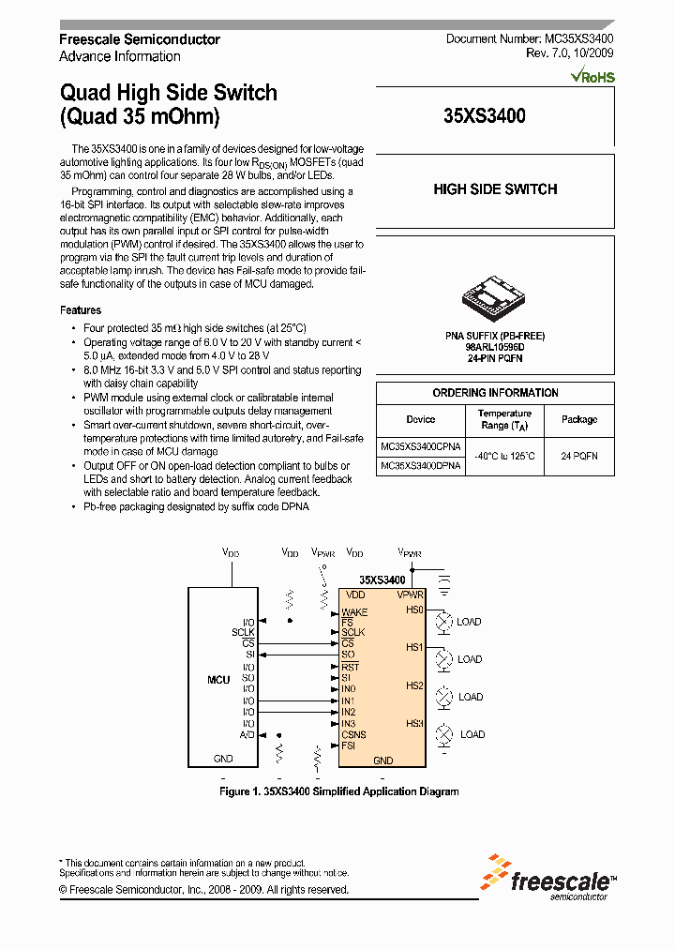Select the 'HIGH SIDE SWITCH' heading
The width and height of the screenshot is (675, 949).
pos(495,189)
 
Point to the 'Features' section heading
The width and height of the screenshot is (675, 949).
pos(81,310)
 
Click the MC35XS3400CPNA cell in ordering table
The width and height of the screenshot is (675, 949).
pos(421,446)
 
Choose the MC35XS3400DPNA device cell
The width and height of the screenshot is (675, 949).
pos(421,465)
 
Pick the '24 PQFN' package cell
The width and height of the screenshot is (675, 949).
pos(579,456)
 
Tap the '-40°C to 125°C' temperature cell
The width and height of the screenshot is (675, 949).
pos(504,456)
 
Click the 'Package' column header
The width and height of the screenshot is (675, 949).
pos(579,420)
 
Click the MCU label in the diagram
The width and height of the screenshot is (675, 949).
pos(218,679)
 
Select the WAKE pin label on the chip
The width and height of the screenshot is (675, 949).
pos(354,612)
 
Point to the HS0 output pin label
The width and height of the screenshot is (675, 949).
pos(414,610)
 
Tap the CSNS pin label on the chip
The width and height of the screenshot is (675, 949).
pos(353,735)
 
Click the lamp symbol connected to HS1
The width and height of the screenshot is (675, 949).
pos(444,659)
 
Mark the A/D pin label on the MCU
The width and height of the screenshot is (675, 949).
pos(247,735)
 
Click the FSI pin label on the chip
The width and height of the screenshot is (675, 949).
pos(348,746)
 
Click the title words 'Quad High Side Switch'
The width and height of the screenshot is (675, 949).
pos(169,93)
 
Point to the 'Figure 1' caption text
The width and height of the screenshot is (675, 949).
pos(338,791)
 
